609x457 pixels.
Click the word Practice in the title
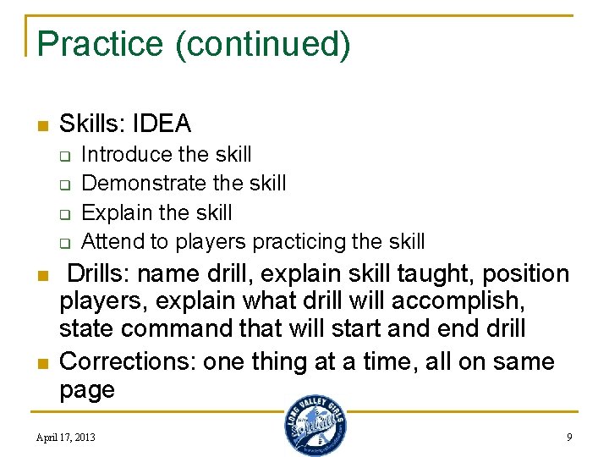click(101, 44)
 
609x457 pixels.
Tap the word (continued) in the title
click(262, 44)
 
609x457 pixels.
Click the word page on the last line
click(86, 390)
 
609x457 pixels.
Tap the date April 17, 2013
click(66, 438)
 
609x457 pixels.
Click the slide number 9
click(569, 438)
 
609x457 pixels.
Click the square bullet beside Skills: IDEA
click(41, 126)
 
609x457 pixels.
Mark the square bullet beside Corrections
click(41, 363)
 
